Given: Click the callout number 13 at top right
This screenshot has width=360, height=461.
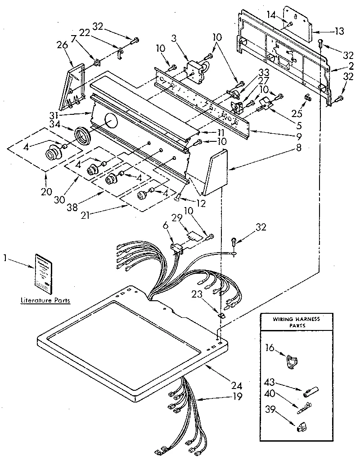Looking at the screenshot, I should click(339, 31).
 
